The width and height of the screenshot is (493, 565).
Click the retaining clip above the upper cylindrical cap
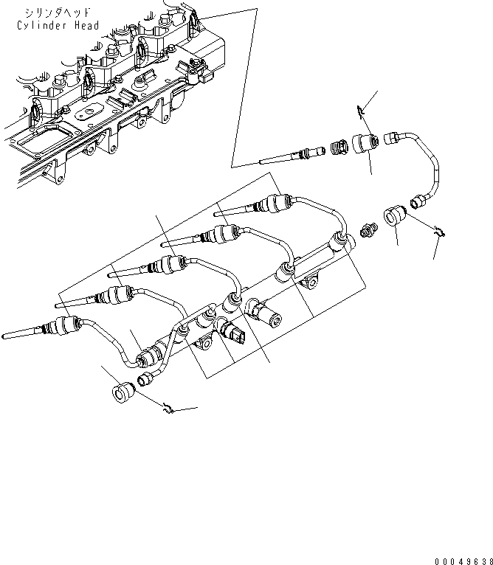(359, 111)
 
